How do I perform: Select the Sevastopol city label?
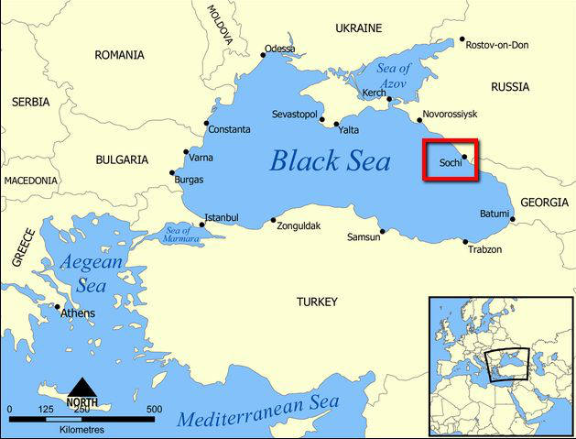(294, 114)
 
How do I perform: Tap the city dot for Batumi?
(513, 219)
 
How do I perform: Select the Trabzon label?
(484, 249)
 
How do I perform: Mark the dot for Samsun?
(382, 231)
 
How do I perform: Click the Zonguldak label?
(300, 225)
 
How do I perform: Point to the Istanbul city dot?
(202, 225)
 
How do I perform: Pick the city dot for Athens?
(58, 307)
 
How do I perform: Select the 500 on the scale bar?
(154, 409)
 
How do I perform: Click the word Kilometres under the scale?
(82, 429)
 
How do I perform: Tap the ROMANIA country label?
(119, 55)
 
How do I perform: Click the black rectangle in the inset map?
(509, 365)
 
